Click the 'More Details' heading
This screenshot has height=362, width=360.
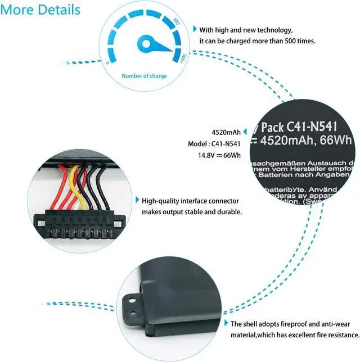pyautogui.click(x=41, y=10)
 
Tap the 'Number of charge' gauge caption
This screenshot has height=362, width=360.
pyautogui.click(x=144, y=76)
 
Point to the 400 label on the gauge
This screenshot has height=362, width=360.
pyautogui.click(x=176, y=22)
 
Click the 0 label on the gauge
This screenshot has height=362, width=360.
pyautogui.click(x=107, y=63)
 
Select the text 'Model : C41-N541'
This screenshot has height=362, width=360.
pyautogui.click(x=214, y=144)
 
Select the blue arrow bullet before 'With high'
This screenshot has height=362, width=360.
pyautogui.click(x=195, y=29)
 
